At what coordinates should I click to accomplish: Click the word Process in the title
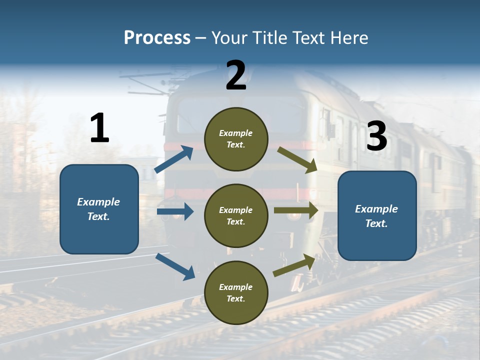(x=157, y=38)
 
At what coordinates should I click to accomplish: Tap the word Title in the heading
(x=269, y=38)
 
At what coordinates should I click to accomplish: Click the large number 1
(x=99, y=128)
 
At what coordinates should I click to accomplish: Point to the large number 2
(x=236, y=75)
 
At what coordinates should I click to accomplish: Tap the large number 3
(x=376, y=136)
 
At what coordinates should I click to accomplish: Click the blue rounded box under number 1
(x=99, y=209)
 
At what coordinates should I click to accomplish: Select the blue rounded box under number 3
(x=377, y=216)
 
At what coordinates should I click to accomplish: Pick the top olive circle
(x=236, y=138)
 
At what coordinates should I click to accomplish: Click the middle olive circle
(x=236, y=215)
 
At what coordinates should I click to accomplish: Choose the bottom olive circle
(x=236, y=292)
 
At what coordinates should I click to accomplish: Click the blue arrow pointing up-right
(x=174, y=159)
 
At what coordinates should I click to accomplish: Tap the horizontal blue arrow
(x=175, y=211)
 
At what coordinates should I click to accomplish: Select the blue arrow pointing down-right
(x=175, y=266)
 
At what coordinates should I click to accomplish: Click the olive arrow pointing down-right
(x=297, y=159)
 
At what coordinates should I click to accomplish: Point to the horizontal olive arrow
(x=296, y=210)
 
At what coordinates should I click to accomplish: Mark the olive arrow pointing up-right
(x=294, y=265)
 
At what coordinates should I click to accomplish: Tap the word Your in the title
(x=229, y=38)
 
